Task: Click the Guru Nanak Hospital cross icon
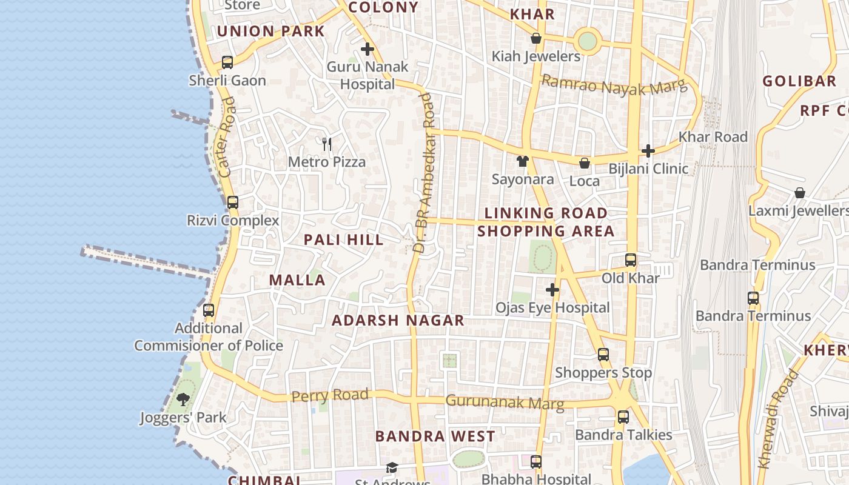(367, 49)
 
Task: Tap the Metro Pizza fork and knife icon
(327, 144)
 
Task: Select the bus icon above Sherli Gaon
(227, 62)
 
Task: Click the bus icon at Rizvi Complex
(233, 202)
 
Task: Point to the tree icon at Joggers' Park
(183, 399)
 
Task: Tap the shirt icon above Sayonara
(523, 161)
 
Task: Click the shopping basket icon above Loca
(585, 162)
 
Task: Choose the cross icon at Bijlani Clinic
(648, 150)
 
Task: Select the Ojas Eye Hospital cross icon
(552, 290)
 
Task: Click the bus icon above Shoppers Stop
(603, 354)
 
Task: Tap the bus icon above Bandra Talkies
(623, 416)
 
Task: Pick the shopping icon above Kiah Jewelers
(536, 38)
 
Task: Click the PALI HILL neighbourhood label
(344, 239)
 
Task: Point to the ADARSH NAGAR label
(398, 320)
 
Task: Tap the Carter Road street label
(226, 138)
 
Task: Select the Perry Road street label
(330, 396)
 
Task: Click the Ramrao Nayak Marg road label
(614, 87)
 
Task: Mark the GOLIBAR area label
(799, 81)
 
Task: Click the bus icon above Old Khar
(631, 260)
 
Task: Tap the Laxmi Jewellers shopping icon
(800, 193)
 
